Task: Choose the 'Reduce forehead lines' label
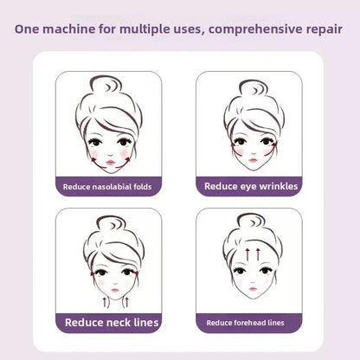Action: (x=249, y=323)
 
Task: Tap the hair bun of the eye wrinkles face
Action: (x=251, y=87)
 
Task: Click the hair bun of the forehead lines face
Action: (x=252, y=222)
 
